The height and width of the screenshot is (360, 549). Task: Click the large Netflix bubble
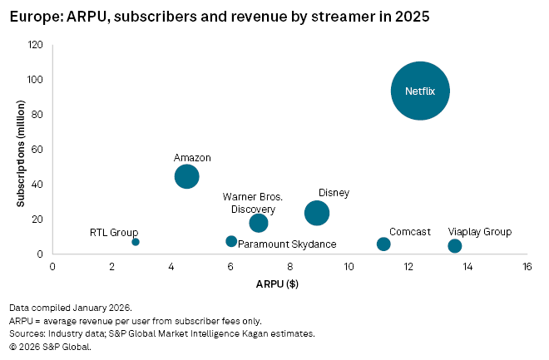420,91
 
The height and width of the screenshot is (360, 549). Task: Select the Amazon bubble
187,176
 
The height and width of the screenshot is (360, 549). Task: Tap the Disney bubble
317,213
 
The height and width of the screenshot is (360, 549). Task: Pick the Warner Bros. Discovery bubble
259,223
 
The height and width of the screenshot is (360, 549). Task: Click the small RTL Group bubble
136,242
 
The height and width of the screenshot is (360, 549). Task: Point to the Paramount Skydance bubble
231,241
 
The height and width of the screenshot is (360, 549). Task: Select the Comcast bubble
383,244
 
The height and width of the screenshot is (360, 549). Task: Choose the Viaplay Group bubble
454,245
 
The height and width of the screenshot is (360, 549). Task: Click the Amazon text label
192,157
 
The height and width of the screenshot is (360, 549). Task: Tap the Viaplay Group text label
480,232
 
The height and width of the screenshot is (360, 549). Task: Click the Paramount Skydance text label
287,244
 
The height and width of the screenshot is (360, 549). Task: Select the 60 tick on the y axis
38,150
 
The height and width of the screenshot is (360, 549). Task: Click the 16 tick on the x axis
527,267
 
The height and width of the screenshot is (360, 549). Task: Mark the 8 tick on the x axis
289,267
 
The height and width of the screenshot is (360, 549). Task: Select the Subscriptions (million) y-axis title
19,149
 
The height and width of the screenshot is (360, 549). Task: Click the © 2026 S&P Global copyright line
50,347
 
